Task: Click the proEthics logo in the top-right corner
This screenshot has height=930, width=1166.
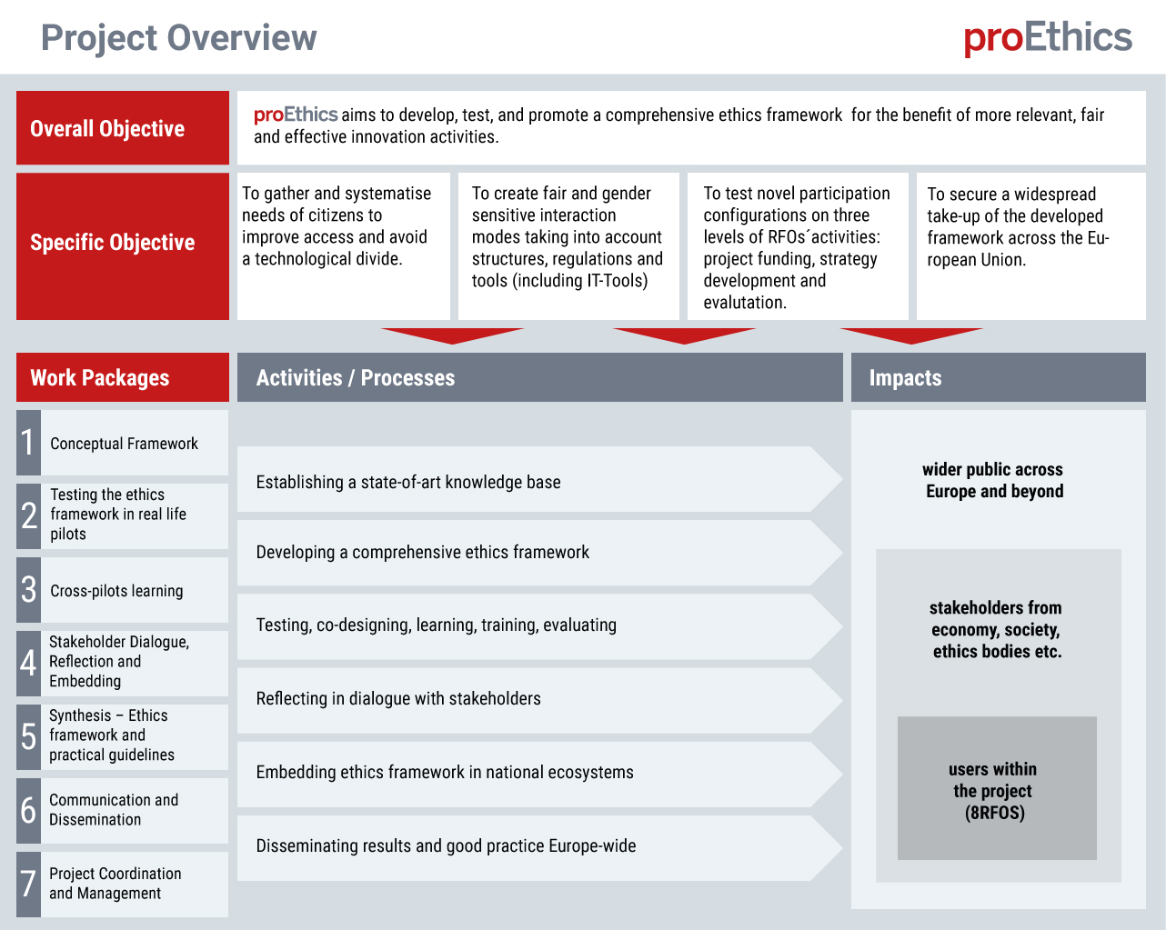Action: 1048,38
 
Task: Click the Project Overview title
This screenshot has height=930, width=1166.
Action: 179,38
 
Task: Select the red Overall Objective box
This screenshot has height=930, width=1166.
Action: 123,128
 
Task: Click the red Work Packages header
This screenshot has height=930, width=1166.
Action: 123,377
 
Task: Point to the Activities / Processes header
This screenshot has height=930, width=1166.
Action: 539,377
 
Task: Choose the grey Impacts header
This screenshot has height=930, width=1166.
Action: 998,377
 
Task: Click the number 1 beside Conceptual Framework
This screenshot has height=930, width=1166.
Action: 28,443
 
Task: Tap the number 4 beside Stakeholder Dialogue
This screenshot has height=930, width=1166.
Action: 28,663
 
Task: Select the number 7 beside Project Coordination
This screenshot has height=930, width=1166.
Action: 28,884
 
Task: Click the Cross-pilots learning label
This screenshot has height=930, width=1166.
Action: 116,591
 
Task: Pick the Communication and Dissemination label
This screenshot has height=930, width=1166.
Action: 114,809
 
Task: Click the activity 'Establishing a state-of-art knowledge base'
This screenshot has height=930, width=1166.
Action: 408,482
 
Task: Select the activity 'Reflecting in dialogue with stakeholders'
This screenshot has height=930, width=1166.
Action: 398,698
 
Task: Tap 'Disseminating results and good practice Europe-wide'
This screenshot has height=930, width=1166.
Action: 446,845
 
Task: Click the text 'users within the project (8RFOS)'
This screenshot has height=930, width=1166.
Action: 994,790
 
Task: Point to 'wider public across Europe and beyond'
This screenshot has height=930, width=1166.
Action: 993,480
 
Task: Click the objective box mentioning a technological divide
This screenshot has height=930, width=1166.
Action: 343,245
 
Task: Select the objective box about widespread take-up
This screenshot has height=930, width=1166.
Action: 1030,245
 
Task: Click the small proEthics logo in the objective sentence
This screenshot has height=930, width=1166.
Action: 296,115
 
